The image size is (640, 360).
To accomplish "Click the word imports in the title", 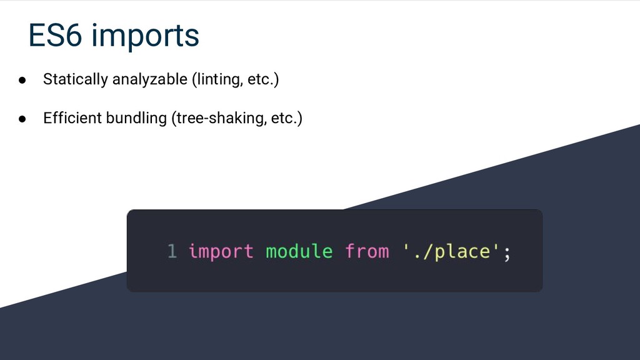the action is [x=145, y=37].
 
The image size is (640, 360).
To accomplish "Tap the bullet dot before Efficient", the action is [x=21, y=119].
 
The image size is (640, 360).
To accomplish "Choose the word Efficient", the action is [x=70, y=119].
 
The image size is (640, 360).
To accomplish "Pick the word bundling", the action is [x=134, y=119].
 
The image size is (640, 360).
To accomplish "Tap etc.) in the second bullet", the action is [x=286, y=119].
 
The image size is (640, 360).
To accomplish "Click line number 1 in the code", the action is [x=172, y=252].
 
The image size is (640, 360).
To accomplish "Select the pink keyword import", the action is [x=221, y=252].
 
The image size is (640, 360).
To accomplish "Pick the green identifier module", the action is [x=299, y=252].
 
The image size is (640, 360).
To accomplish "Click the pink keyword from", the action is [x=366, y=252].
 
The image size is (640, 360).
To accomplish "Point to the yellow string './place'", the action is [x=450, y=252].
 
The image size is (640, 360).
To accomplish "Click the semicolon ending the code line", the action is [x=507, y=253].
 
